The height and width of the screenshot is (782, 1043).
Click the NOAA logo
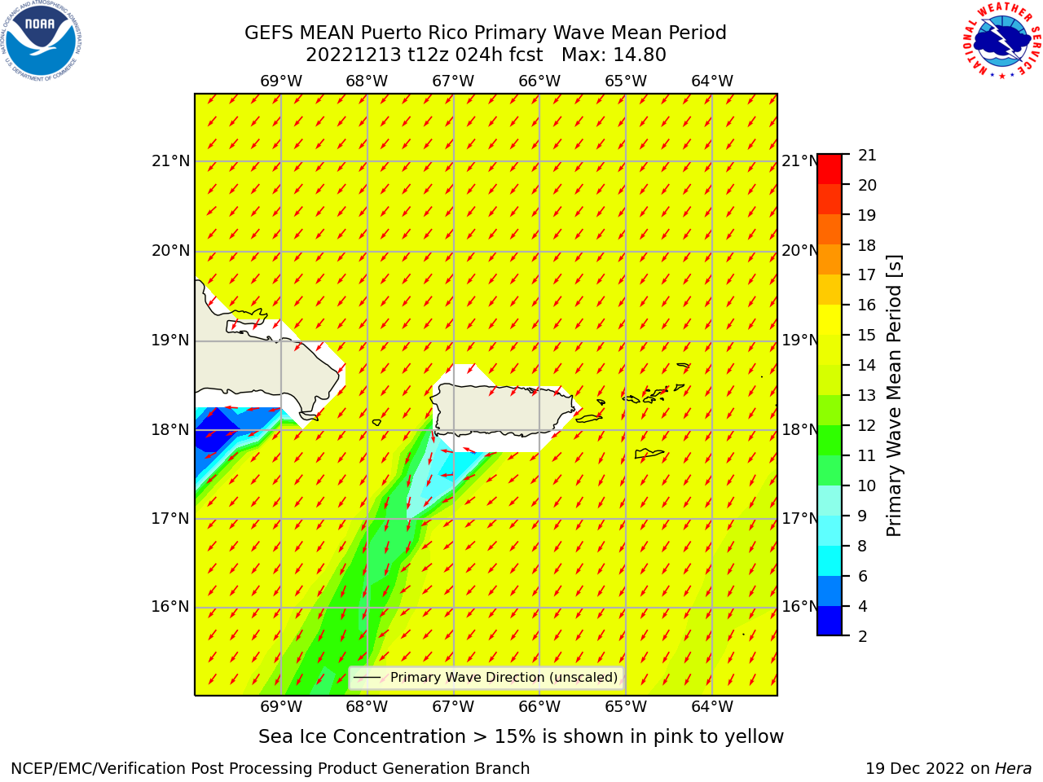pos(41,41)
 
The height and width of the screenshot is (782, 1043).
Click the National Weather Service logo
pos(1001,40)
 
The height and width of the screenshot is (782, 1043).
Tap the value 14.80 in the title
pos(639,55)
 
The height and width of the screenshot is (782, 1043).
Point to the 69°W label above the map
pos(281,81)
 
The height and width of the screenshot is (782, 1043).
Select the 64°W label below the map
pos(712,706)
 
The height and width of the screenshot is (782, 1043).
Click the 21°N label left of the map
pos(170,161)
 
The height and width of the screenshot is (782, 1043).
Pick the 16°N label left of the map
pos(170,606)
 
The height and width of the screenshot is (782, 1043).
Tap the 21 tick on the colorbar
pos(867,156)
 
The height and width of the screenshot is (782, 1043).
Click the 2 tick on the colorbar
pos(863,636)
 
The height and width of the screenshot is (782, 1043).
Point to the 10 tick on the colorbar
pos(867,485)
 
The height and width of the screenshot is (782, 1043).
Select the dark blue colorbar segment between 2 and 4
pos(830,621)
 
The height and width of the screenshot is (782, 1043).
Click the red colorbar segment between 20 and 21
pos(830,169)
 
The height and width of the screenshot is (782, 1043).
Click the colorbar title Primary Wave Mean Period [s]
pos(894,396)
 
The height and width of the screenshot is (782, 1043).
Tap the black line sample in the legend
pos(367,678)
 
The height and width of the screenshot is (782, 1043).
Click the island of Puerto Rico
pos(504,409)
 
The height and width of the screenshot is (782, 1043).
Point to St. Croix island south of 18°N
pos(649,454)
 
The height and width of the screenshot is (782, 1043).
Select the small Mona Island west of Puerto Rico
pos(376,422)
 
